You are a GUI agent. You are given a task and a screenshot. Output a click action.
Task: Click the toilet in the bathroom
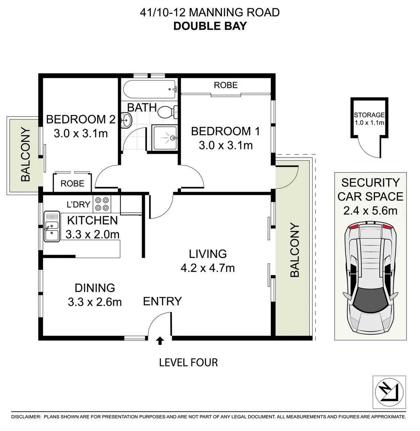point(167,112)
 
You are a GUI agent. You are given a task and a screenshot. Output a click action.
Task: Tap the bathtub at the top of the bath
point(150,89)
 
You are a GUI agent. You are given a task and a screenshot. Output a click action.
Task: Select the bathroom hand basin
point(126,119)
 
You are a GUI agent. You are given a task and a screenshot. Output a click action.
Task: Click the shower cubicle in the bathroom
point(164,138)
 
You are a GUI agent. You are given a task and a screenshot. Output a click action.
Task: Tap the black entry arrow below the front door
point(160,340)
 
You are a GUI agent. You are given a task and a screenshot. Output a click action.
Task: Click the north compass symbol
point(386,390)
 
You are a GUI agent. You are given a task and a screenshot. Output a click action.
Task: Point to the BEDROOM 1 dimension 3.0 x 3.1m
point(225,146)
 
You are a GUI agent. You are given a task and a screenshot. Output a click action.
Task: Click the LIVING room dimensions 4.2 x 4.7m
point(207,268)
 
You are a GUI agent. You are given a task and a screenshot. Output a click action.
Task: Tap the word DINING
point(95,287)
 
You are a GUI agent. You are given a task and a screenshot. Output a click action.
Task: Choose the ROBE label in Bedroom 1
point(226,85)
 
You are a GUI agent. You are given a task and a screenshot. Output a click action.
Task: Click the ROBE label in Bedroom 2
point(73,184)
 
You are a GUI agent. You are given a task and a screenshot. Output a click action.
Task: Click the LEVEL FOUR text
point(188,362)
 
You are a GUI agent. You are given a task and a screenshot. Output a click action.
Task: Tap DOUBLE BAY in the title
point(210,26)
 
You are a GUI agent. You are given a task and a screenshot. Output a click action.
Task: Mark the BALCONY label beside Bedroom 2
point(26,154)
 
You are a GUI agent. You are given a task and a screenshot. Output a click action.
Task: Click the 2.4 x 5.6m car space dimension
point(370,210)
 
